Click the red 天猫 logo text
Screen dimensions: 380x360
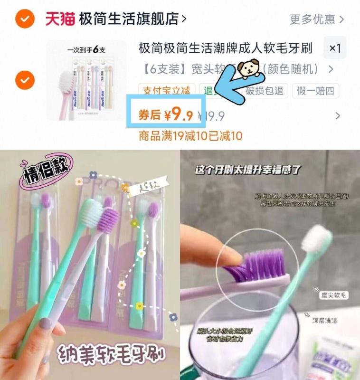coord(60,19)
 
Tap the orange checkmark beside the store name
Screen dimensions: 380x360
coord(24,19)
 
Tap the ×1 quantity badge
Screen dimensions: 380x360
coord(335,48)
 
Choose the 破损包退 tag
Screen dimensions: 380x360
coord(264,90)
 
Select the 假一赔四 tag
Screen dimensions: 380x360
coord(316,90)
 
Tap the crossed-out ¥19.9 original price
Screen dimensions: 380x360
coord(211,116)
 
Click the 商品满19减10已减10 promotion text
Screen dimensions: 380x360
coord(190,136)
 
